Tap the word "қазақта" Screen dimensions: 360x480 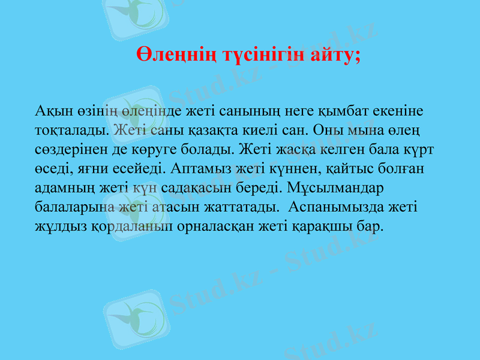(215, 130)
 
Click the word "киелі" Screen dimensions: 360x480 (267, 130)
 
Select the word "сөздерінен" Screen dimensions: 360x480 (67, 149)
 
